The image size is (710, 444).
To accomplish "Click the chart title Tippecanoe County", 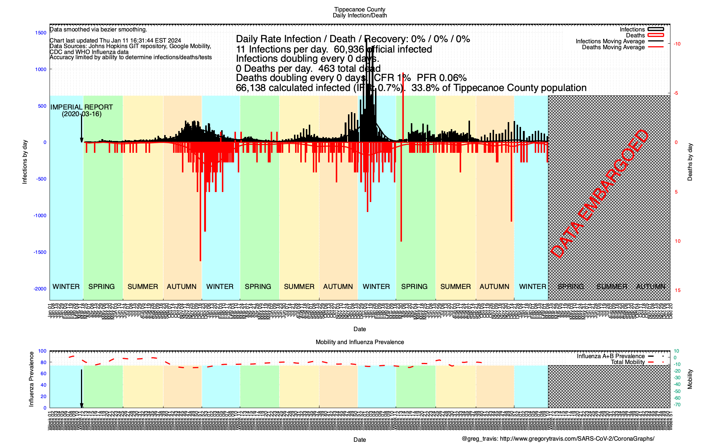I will tap(359, 9).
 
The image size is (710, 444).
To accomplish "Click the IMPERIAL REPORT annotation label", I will tap(81, 107).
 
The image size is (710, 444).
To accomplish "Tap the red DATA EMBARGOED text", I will tap(599, 194).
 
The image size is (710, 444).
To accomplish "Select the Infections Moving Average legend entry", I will tap(610, 41).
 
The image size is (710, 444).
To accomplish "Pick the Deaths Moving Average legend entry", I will tap(613, 47).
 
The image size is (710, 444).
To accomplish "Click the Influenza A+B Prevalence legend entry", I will tap(611, 356).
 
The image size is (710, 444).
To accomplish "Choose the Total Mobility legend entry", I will tap(628, 362).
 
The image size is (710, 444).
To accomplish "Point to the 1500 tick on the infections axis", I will tap(41, 33).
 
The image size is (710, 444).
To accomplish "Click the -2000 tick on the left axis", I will tap(40, 289).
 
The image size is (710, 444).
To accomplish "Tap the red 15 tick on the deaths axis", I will tap(677, 290).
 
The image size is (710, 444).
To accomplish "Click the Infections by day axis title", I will tap(25, 162).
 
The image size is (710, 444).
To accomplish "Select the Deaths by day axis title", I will tap(690, 162).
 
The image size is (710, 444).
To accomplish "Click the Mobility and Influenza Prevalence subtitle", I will tap(359, 342).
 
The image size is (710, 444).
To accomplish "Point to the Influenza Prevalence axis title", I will tap(31, 379).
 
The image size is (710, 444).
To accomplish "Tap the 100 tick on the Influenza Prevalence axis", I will tap(42, 351).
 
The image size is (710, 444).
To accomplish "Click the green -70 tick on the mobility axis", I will tap(677, 405).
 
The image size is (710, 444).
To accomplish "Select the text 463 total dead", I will tap(349, 68).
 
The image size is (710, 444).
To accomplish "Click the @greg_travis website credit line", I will tap(558, 439).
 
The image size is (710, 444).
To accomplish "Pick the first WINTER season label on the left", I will tap(66, 287).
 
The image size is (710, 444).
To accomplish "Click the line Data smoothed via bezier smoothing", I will tap(98, 30).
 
